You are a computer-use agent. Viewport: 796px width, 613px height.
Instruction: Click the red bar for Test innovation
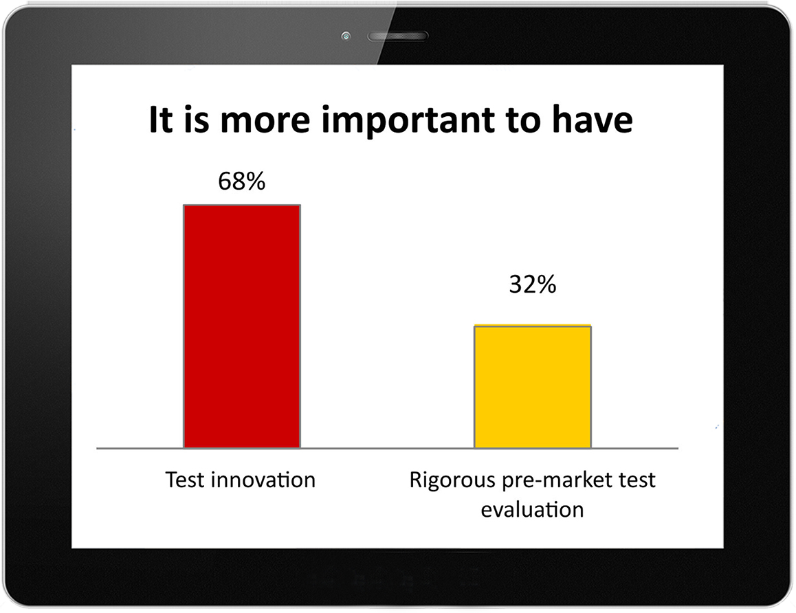(242, 326)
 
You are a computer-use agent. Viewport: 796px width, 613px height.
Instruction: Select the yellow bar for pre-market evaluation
(533, 386)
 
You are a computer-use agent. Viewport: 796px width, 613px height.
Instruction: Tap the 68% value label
(242, 181)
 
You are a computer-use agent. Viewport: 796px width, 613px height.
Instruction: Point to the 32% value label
(533, 285)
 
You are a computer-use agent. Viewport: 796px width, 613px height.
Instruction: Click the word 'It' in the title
(161, 120)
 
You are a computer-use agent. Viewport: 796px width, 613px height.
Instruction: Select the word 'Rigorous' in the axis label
(452, 481)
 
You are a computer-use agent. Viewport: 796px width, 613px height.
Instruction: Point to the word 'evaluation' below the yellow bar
(532, 509)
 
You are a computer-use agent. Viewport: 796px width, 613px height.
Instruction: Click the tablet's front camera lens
(346, 36)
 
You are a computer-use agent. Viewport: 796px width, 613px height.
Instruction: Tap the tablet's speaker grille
(397, 36)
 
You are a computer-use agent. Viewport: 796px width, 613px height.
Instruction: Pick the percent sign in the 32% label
(546, 285)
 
